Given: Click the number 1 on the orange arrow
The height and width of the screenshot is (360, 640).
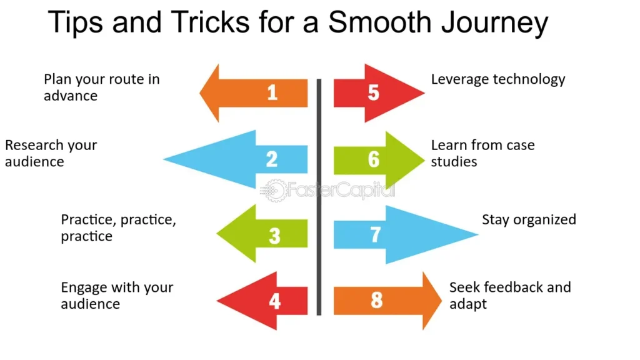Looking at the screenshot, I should point(272,92).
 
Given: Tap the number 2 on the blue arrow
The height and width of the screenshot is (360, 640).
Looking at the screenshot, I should point(271,159).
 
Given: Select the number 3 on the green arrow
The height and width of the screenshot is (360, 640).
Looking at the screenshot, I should point(274,236).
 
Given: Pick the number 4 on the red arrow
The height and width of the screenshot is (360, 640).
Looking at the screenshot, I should point(274,301).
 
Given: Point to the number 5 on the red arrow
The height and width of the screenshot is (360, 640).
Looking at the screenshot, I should point(373,92).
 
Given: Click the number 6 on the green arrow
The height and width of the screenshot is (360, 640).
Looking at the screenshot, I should point(373,159).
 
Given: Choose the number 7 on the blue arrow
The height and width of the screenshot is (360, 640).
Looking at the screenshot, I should point(375,234).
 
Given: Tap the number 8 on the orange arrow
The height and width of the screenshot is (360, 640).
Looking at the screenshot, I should point(376,300).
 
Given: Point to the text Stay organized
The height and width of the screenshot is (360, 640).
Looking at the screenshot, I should point(529,220).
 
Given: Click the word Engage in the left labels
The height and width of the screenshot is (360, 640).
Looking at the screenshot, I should point(84,288).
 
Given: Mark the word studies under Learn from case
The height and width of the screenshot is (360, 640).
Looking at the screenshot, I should point(454,162).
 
